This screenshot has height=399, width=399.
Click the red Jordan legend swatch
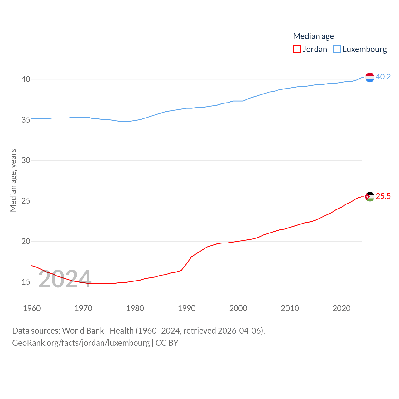[x=297, y=49]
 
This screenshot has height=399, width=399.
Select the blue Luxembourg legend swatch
[x=337, y=49]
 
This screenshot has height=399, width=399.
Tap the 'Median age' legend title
[x=313, y=36]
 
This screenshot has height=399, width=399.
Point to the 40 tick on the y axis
[x=26, y=79]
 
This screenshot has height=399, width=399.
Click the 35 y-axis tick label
[x=26, y=120]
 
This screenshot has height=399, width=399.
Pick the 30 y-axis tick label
[x=26, y=160]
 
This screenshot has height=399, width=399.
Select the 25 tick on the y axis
[x=26, y=201]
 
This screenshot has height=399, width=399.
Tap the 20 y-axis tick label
[x=26, y=241]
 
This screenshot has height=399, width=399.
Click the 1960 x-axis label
[x=32, y=308]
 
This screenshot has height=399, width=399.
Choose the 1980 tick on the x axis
[x=135, y=308]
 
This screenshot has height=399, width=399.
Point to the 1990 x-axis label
[x=187, y=308]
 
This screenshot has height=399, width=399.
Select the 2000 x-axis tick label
[x=238, y=308]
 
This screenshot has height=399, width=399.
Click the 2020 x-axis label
[x=342, y=308]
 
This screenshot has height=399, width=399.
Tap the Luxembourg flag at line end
[x=370, y=77]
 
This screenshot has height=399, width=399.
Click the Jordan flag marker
[x=370, y=197]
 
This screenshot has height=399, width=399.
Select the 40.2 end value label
[x=383, y=77]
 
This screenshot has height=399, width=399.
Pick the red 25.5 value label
[x=383, y=196]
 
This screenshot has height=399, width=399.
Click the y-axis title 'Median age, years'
[x=13, y=180]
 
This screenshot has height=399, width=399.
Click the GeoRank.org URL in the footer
[x=81, y=343]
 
